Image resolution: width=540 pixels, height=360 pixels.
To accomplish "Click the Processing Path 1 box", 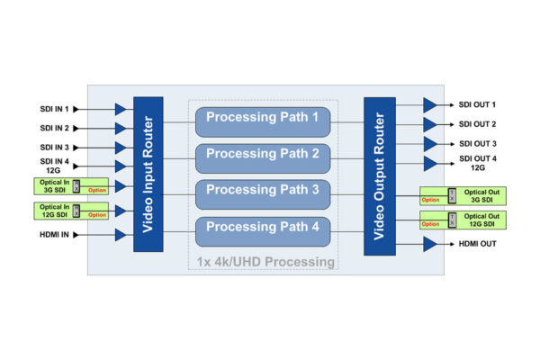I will (262, 118).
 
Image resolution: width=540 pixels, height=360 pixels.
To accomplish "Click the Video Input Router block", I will (148, 174).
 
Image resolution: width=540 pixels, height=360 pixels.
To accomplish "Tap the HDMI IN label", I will (57, 235).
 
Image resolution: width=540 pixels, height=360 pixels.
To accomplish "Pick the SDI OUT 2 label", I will (477, 124).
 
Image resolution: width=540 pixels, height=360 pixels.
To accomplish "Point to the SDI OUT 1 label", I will (477, 105).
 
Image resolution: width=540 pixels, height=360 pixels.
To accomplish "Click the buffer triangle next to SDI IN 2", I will (121, 129).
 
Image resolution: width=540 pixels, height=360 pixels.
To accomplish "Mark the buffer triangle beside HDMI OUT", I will (430, 244).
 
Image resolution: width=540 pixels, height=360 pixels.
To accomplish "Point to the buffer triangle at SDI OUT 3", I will (430, 144).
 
